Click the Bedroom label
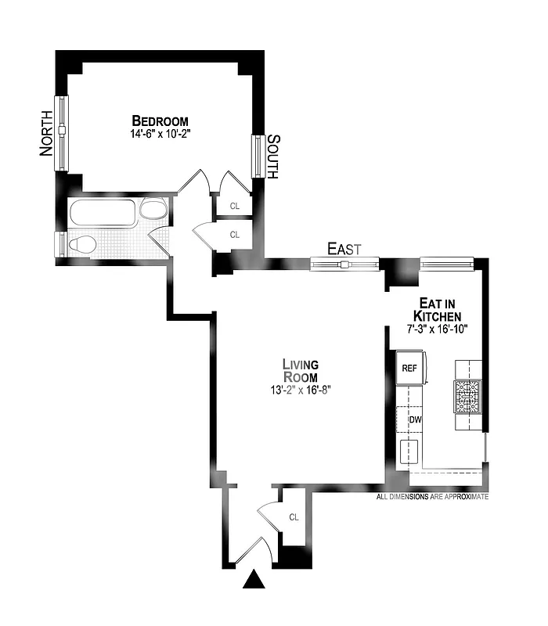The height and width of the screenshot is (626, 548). [x=160, y=121]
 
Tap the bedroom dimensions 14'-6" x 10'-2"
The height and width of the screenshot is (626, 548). [x=160, y=134]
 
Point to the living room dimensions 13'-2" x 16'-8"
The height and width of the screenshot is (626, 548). [x=301, y=390]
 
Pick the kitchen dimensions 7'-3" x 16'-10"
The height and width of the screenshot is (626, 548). [x=437, y=329]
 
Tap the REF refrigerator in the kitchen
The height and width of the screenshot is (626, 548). [x=410, y=369]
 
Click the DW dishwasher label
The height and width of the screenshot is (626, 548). [x=416, y=419]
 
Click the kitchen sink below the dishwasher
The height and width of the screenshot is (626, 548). [x=409, y=452]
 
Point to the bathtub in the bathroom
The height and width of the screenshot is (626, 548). [x=103, y=212]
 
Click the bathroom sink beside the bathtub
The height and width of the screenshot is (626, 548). [x=153, y=210]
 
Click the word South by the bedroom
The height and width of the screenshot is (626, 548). [x=272, y=156]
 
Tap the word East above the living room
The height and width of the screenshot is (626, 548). [x=344, y=249]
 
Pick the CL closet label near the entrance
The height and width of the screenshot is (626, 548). [x=294, y=517]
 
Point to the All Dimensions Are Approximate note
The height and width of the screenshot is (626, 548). [x=432, y=497]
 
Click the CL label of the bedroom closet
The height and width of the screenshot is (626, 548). [x=234, y=207]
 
